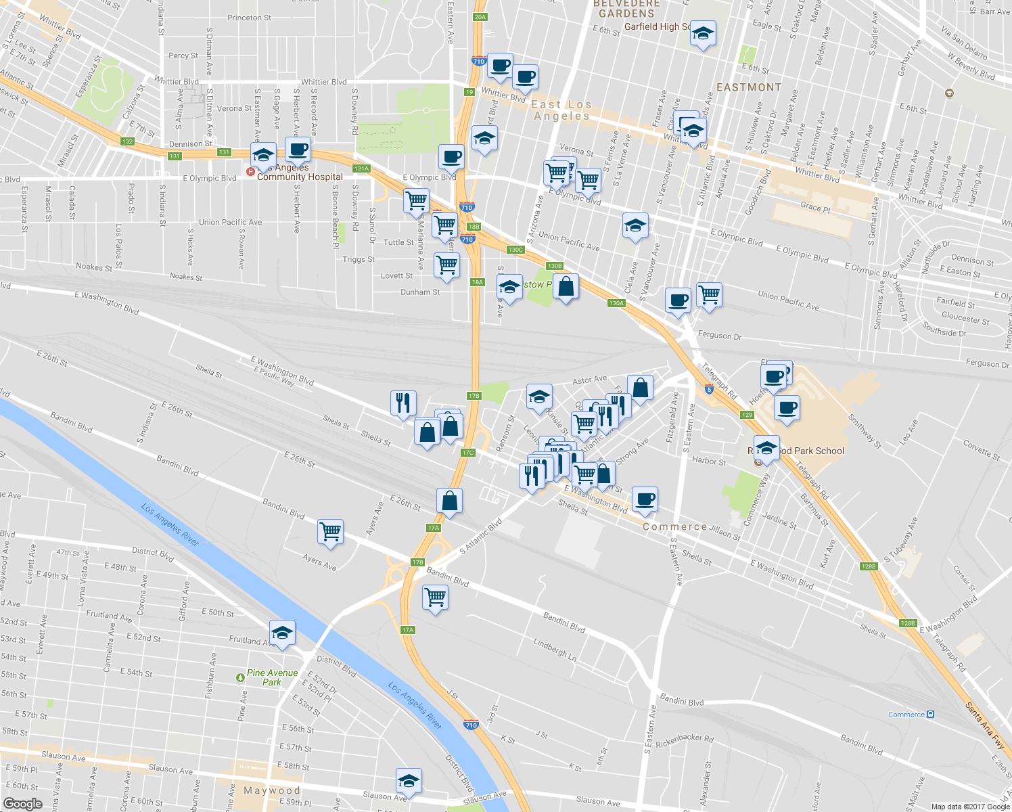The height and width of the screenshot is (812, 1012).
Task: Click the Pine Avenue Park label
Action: point(272,677)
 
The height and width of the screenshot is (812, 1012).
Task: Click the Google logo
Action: point(22,804)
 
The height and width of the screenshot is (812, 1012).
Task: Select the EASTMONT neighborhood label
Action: point(749,87)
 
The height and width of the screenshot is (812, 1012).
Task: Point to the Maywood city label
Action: point(271,790)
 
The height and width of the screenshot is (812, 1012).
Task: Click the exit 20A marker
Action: point(480,17)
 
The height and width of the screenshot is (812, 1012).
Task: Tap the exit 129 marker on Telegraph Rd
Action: point(747,415)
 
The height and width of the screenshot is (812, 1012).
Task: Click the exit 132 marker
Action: point(127,141)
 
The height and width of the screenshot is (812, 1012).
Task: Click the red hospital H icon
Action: point(250,172)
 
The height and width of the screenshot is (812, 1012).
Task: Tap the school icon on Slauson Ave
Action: point(409,782)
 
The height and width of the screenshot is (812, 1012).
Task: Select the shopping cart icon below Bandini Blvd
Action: point(435,597)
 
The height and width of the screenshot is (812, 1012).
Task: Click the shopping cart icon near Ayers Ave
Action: point(330,532)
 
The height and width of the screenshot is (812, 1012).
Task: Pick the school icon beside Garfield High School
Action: point(703,34)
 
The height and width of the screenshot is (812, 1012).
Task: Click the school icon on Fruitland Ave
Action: point(282,633)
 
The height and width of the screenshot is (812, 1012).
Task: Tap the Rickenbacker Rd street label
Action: point(685,741)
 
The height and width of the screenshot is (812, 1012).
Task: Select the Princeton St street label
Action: point(249,18)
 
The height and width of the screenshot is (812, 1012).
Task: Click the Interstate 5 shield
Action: point(708,389)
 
